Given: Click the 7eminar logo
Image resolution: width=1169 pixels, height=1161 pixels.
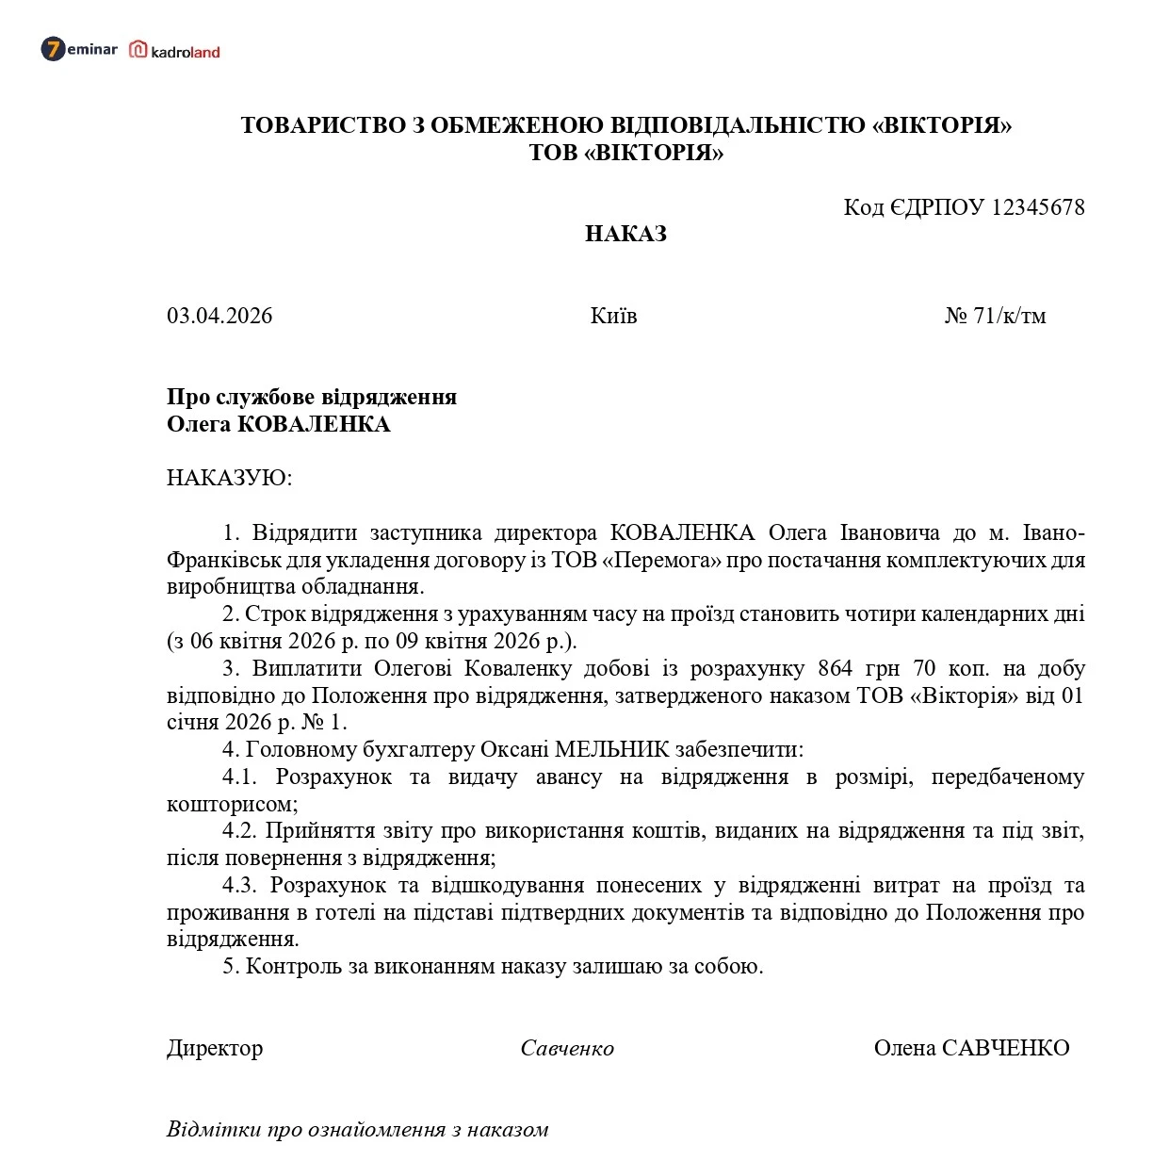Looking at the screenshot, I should click(x=79, y=49).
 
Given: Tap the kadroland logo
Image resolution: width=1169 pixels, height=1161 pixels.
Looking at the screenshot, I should click(x=175, y=51).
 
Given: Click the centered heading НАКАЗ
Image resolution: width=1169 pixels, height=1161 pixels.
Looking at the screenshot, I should click(x=625, y=234).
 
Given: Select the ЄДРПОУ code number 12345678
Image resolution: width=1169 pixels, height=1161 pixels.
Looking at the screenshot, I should click(x=1038, y=207).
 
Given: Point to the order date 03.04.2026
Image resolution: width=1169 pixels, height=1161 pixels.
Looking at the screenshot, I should click(x=219, y=316).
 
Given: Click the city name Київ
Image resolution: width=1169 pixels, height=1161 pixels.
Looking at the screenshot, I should click(x=613, y=316).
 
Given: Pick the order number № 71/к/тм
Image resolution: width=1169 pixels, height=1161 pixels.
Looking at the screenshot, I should click(x=995, y=316).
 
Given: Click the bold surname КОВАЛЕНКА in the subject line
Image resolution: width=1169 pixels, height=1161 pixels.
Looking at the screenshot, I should click(x=314, y=424).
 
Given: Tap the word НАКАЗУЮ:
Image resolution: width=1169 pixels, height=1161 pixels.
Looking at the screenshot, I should click(x=230, y=478).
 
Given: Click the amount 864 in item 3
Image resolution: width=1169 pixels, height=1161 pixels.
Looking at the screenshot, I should click(x=836, y=668).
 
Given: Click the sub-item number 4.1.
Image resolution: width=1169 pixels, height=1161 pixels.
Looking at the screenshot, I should click(x=239, y=777).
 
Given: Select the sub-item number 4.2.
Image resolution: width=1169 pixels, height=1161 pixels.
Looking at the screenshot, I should click(x=239, y=830).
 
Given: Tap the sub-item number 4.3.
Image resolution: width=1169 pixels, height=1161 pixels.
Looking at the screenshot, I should click(x=239, y=885).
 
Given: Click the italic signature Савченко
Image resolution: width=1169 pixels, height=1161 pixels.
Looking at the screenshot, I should click(x=567, y=1048).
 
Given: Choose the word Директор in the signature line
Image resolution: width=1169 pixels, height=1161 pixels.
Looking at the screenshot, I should click(x=215, y=1048).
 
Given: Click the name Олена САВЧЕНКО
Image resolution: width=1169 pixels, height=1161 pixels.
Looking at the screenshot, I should click(x=971, y=1048).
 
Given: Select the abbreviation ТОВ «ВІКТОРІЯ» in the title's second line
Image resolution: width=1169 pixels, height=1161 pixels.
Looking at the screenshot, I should click(x=625, y=153).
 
